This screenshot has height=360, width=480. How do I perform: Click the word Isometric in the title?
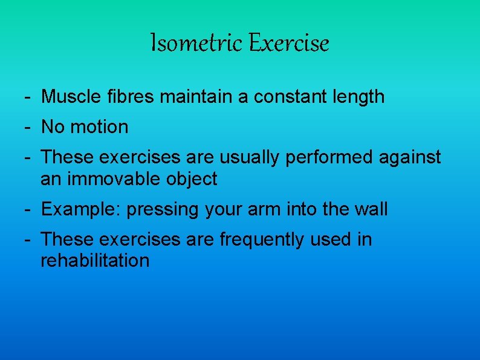189,44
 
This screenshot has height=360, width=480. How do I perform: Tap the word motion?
100,127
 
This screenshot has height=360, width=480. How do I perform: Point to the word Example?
77,209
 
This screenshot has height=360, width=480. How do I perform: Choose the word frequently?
262,240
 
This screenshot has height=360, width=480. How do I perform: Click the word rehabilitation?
95,261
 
